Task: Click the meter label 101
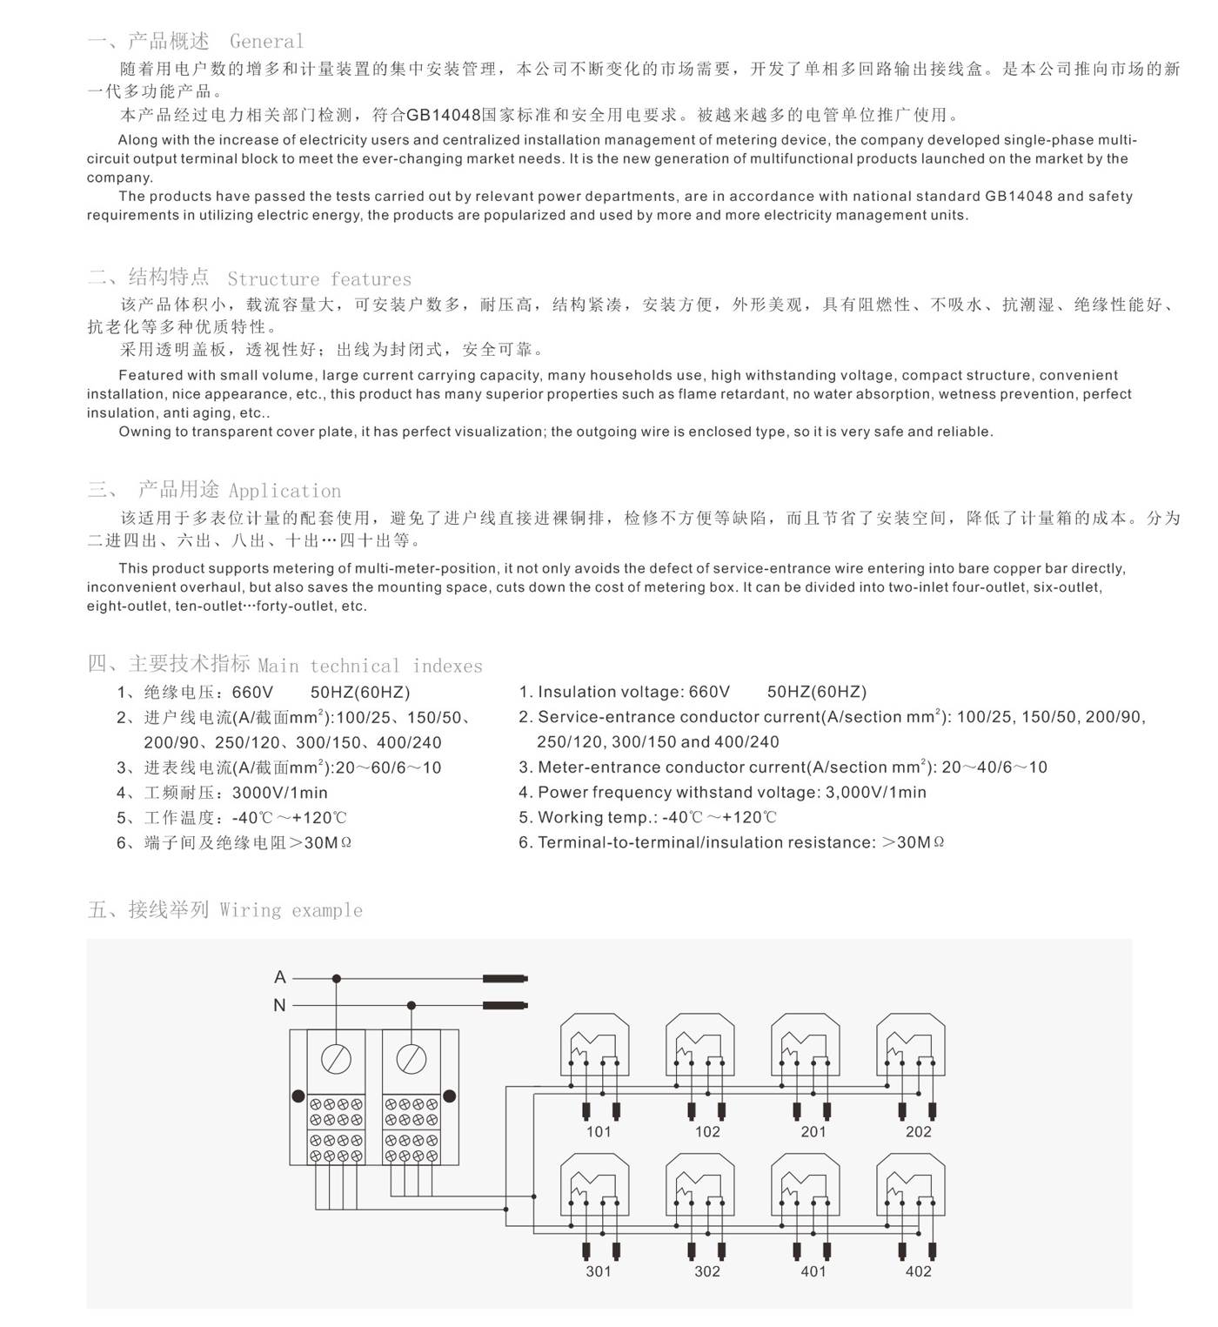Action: click(x=599, y=1131)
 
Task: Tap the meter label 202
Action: click(x=918, y=1131)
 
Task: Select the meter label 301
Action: click(x=599, y=1271)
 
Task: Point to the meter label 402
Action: click(x=918, y=1271)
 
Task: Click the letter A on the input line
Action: click(x=279, y=977)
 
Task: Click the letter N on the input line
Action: click(x=279, y=1005)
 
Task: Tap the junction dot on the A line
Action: click(x=337, y=979)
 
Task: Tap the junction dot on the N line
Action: click(x=412, y=1006)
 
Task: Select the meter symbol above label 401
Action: click(x=806, y=1186)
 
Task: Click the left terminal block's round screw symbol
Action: click(x=336, y=1059)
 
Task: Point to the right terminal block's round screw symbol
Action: click(x=411, y=1059)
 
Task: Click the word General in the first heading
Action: click(x=267, y=41)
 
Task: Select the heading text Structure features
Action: click(x=319, y=278)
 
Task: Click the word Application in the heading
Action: click(x=284, y=490)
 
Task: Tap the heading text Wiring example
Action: click(x=291, y=910)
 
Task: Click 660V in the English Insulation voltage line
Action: click(x=709, y=692)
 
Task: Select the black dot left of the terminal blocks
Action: click(x=298, y=1096)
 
